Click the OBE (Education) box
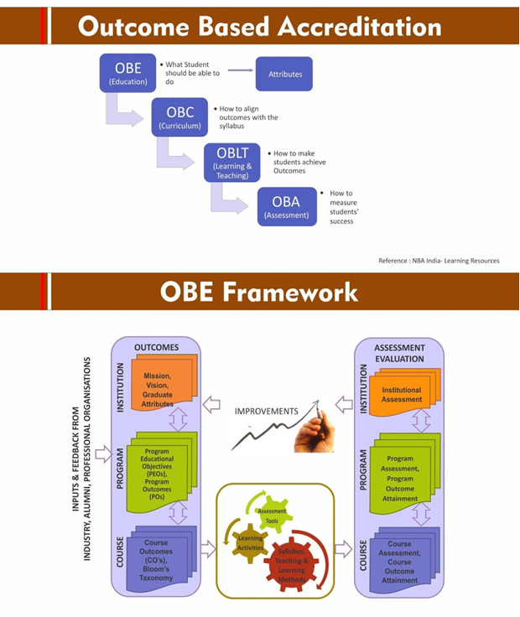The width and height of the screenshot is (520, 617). [128, 74]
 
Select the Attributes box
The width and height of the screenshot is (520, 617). [284, 74]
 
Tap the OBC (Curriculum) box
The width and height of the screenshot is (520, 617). [180, 117]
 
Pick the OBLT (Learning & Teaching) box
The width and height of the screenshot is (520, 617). [232, 162]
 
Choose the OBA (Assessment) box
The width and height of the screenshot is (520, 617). [287, 206]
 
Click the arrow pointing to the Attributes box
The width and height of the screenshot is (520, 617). [240, 70]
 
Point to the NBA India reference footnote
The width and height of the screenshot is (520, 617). [438, 261]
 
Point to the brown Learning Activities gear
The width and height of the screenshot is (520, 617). [251, 542]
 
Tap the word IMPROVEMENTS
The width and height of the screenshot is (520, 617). [266, 412]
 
